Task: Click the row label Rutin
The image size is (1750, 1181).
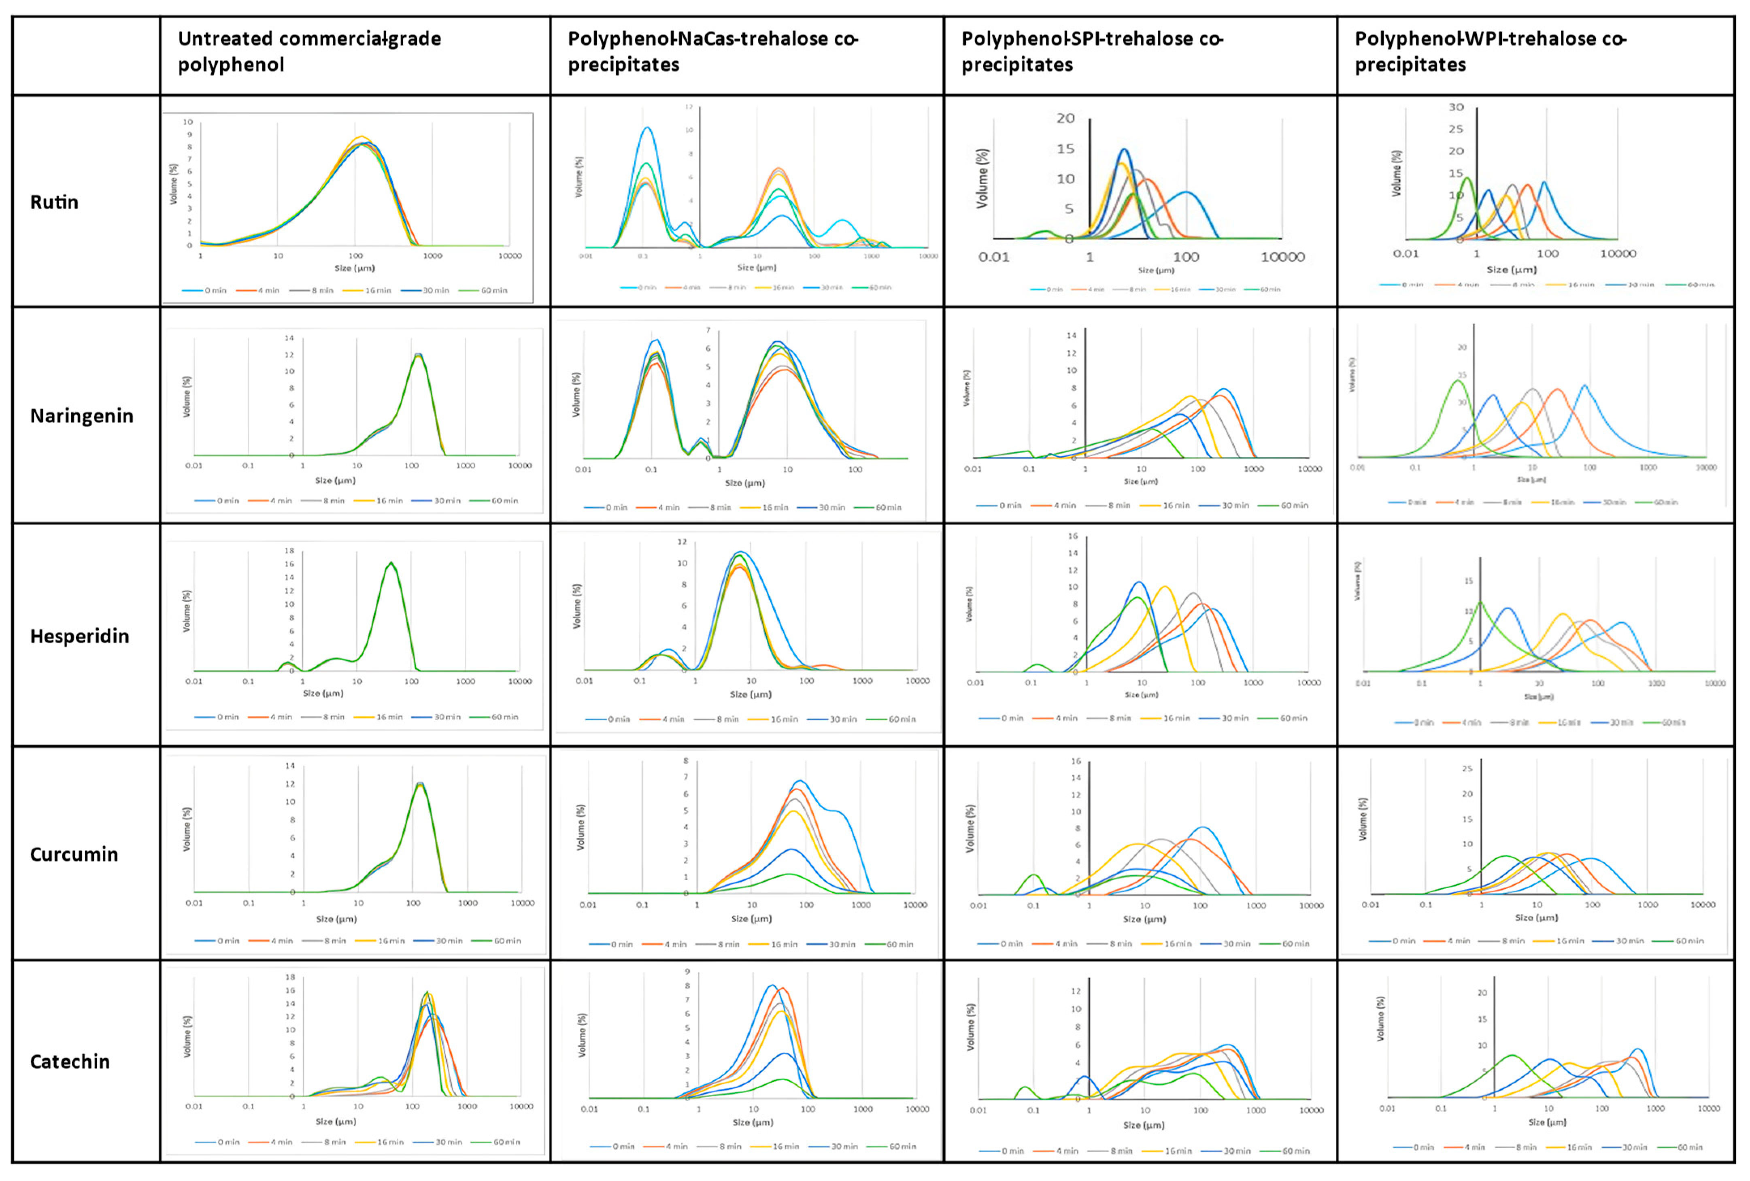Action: [x=54, y=202]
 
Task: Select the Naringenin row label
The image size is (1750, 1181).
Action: [x=81, y=416]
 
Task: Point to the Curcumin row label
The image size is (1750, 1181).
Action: [x=74, y=854]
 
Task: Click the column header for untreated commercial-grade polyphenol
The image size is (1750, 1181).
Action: [x=309, y=51]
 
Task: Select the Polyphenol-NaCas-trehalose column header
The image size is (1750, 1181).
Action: [x=712, y=51]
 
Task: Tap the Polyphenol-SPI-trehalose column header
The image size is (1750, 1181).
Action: [x=1092, y=51]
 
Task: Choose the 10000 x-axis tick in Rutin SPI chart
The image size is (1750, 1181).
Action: [x=1282, y=257]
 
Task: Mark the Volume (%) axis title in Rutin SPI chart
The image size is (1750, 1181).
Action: [x=982, y=179]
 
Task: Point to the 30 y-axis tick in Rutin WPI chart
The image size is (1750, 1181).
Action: [x=1456, y=107]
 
